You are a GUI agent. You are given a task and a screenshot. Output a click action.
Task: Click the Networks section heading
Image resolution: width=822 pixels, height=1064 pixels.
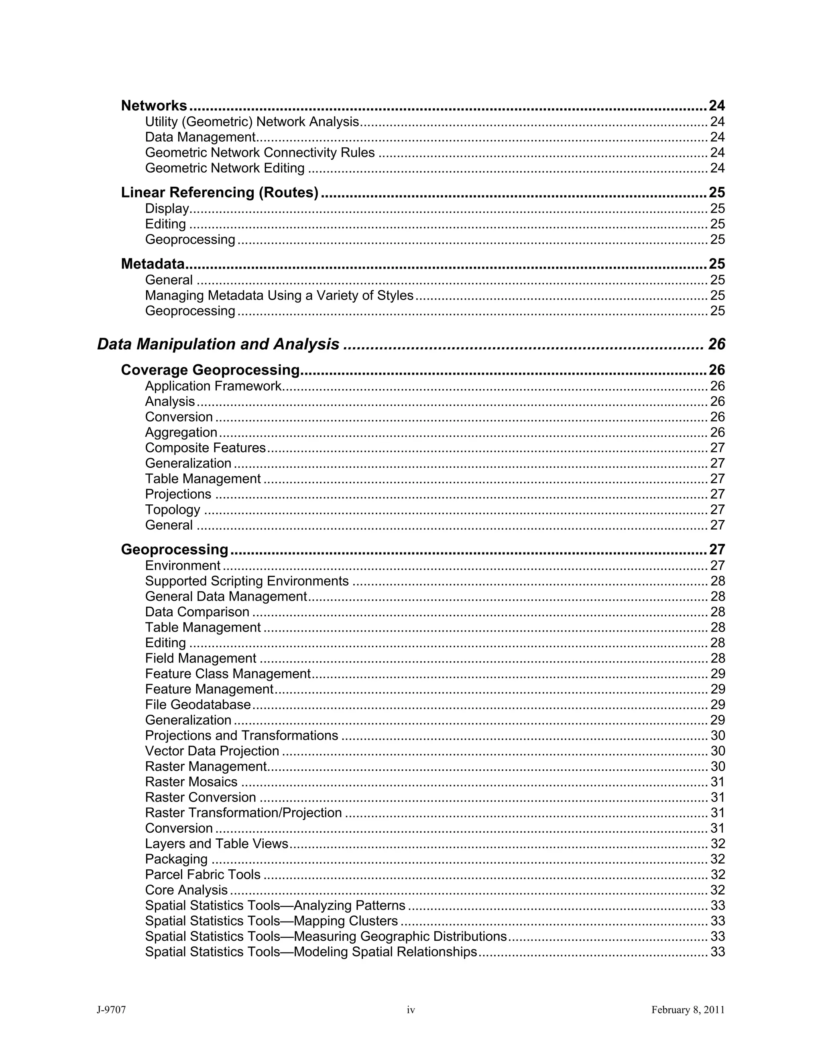pyautogui.click(x=154, y=106)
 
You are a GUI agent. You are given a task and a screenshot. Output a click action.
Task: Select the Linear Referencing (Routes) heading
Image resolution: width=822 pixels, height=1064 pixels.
pyautogui.click(x=220, y=192)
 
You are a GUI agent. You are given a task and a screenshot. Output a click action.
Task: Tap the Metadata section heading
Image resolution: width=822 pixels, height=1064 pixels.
pyautogui.click(x=153, y=264)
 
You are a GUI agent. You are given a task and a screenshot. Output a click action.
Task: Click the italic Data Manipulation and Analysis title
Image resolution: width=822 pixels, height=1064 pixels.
pyautogui.click(x=218, y=344)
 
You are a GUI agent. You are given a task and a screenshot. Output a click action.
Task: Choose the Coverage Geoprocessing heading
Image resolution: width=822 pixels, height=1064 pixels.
pyautogui.click(x=210, y=370)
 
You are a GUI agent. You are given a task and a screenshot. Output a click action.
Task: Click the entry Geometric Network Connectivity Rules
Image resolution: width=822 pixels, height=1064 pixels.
pyautogui.click(x=260, y=153)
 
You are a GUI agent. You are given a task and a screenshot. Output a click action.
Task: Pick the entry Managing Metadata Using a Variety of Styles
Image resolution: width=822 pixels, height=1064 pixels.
pyautogui.click(x=279, y=296)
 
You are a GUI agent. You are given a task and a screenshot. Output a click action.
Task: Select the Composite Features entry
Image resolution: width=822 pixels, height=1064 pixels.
pyautogui.click(x=205, y=448)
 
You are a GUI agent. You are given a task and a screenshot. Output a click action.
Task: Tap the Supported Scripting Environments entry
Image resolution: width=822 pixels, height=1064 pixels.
pyautogui.click(x=247, y=581)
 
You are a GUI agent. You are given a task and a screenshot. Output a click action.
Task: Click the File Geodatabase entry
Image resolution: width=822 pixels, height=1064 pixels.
pyautogui.click(x=198, y=705)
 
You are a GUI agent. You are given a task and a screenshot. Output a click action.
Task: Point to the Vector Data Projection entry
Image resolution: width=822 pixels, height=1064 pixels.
pyautogui.click(x=212, y=751)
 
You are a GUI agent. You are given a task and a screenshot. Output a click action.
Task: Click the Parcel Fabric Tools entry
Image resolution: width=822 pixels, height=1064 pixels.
pyautogui.click(x=203, y=874)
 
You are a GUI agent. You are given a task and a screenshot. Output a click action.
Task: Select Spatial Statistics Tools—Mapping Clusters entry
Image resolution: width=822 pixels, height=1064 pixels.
pyautogui.click(x=271, y=921)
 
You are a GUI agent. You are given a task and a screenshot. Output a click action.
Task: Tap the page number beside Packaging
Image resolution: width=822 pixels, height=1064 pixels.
pyautogui.click(x=717, y=859)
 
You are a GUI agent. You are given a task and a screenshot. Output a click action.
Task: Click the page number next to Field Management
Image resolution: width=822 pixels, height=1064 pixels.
pyautogui.click(x=717, y=658)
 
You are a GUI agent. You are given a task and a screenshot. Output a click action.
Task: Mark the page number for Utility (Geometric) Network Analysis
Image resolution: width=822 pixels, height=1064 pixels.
pyautogui.click(x=717, y=122)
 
